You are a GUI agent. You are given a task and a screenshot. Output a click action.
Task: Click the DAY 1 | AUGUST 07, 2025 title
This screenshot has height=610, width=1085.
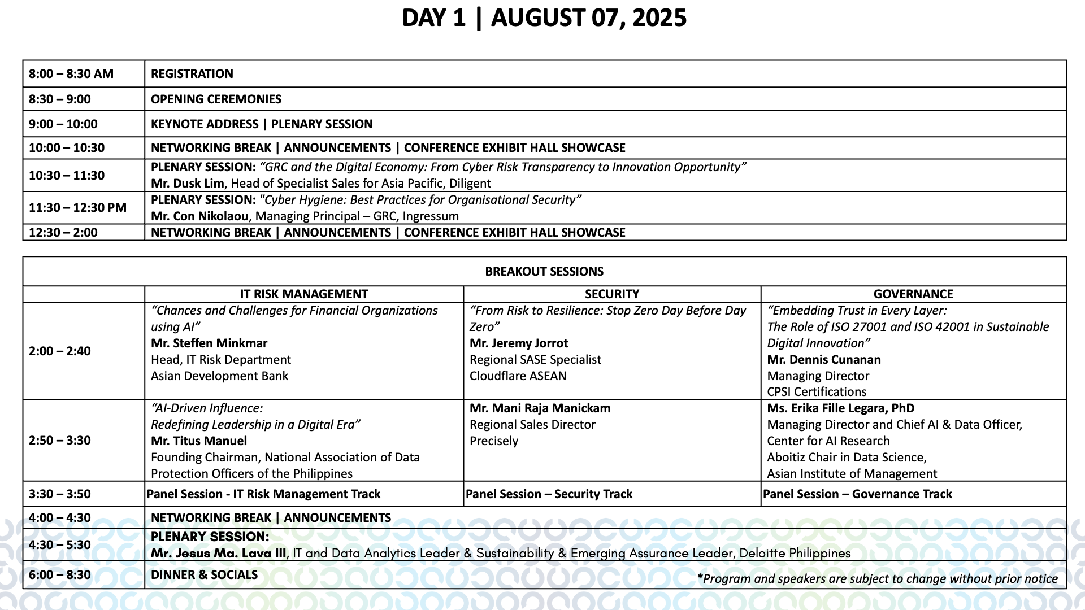pos(544,18)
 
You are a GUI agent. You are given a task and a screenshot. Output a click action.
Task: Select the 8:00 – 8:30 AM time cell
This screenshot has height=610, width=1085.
pos(71,74)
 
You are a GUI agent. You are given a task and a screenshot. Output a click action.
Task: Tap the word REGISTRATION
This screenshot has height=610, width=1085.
pos(192,74)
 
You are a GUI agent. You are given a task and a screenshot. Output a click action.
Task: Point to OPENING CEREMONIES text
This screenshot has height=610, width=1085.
pos(216,99)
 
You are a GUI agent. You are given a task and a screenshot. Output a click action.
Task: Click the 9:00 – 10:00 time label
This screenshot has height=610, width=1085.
pos(63,124)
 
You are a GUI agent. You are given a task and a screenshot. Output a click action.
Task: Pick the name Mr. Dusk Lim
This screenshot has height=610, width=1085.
pos(188,184)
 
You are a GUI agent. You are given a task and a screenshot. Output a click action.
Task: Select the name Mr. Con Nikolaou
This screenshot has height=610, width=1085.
pos(199,216)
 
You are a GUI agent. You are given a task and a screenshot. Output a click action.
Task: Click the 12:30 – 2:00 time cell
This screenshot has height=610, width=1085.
pos(63,233)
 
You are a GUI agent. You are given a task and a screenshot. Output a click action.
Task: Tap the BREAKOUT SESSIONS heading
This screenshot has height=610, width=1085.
pos(544,272)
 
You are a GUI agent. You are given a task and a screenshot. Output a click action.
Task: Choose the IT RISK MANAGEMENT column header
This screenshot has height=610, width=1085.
pos(303,294)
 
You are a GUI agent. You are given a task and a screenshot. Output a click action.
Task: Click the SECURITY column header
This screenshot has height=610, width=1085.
pos(612,294)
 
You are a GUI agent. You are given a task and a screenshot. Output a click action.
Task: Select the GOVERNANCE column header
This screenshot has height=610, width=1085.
pos(913,294)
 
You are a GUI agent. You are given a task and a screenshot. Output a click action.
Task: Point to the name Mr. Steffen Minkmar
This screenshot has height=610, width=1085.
pos(209,343)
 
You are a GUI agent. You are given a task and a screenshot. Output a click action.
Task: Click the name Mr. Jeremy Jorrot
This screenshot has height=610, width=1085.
pos(519,343)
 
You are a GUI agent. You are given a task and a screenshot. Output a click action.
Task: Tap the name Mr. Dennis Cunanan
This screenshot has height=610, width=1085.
pos(824,360)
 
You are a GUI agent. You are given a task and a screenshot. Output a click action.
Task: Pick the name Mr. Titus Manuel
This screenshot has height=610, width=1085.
pos(199,441)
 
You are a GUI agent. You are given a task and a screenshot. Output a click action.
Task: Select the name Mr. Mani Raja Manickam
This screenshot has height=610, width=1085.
pos(540,408)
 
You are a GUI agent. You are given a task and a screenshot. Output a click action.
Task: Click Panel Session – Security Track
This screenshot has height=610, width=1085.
pos(549,494)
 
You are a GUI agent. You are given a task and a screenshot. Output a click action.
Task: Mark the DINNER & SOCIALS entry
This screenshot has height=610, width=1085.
pos(204,575)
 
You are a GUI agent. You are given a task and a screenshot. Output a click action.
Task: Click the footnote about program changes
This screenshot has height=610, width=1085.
pos(877,579)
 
